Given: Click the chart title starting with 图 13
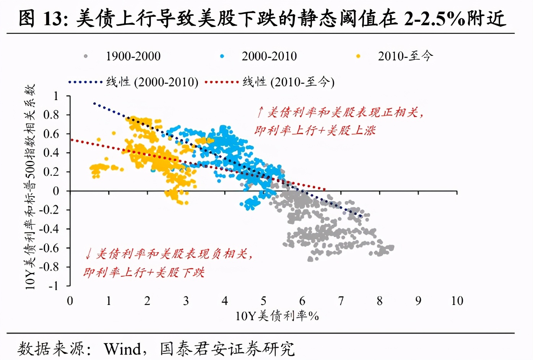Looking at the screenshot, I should [x=262, y=18].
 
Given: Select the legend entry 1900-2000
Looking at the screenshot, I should [x=133, y=56].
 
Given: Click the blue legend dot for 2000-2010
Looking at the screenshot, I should [x=222, y=56].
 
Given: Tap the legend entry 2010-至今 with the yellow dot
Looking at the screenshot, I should [x=405, y=56].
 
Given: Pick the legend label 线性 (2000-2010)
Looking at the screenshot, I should [x=152, y=82].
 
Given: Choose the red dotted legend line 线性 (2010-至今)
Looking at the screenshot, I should [x=222, y=82].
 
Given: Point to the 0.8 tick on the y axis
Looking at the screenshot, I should [x=51, y=115].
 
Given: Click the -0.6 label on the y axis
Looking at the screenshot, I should [x=49, y=248].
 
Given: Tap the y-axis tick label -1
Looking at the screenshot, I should [x=53, y=286].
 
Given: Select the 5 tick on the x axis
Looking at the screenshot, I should [x=263, y=301].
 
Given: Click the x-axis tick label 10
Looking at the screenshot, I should [x=457, y=301].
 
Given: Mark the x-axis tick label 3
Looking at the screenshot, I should [x=186, y=301].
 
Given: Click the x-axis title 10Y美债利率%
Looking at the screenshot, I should [x=277, y=316].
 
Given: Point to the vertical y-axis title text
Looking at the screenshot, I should [x=30, y=187].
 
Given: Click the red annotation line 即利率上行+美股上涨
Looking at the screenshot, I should [x=315, y=130].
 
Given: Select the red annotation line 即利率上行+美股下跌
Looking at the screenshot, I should [x=144, y=272].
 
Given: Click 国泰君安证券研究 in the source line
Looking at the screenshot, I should [x=227, y=349].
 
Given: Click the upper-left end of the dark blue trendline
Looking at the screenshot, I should [x=94, y=103].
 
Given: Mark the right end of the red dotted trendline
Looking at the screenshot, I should [x=325, y=189].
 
